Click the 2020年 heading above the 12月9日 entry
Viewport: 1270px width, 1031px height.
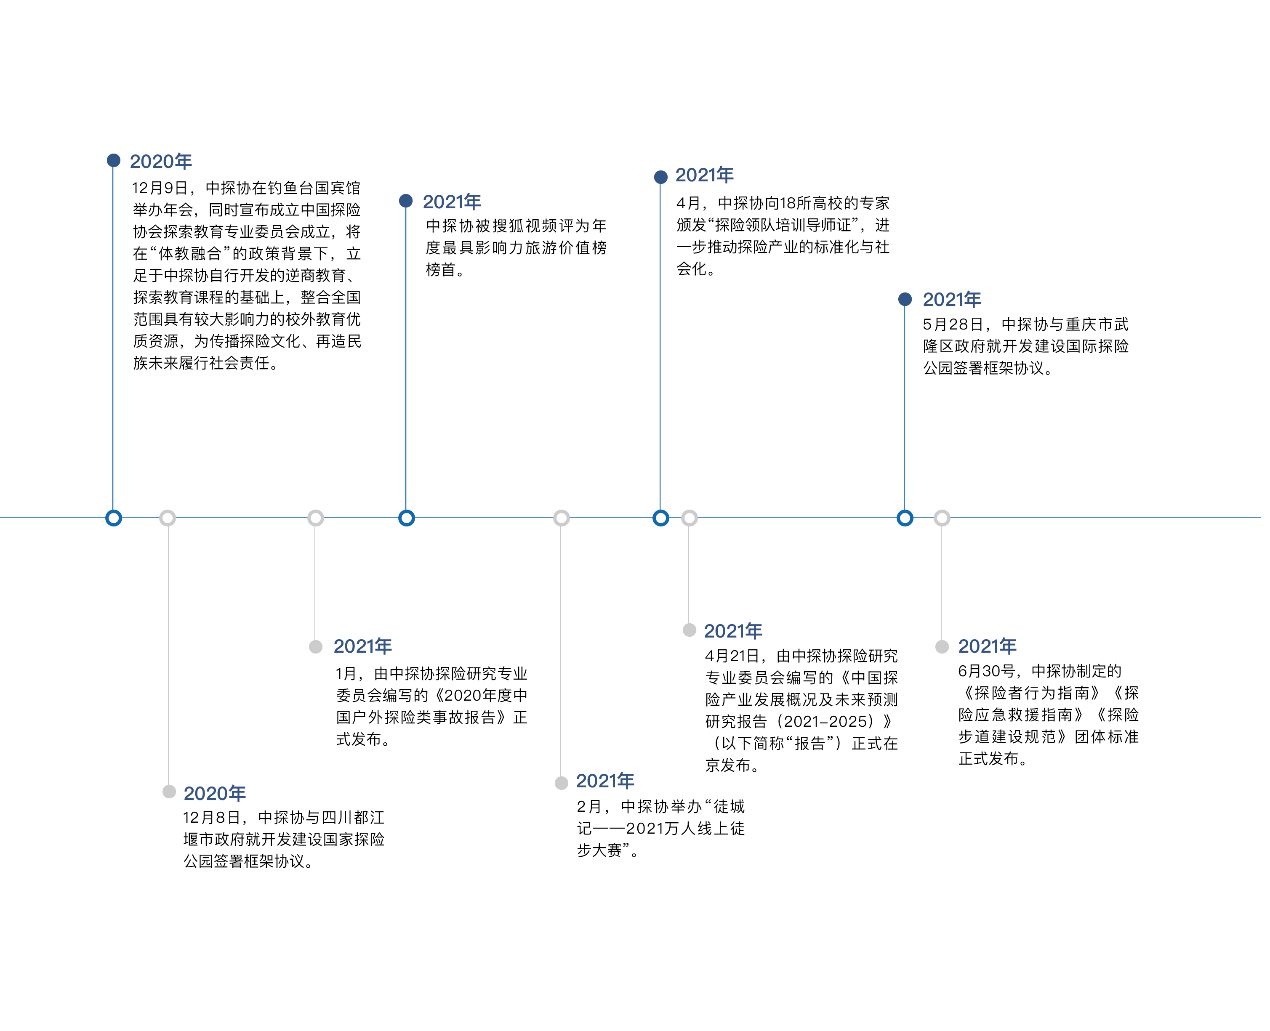click(160, 162)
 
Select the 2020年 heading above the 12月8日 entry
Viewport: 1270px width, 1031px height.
click(214, 793)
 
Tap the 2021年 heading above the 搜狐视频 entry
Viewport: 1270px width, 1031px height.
click(451, 202)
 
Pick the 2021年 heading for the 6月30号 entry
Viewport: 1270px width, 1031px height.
click(987, 646)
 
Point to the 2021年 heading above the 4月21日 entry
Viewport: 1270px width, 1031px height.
click(732, 631)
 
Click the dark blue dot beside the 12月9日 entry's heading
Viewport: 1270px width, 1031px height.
click(114, 160)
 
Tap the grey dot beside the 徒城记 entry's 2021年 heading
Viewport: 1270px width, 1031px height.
click(562, 783)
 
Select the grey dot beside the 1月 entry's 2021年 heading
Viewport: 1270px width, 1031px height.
click(315, 647)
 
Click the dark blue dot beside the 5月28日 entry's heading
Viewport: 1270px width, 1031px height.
click(905, 299)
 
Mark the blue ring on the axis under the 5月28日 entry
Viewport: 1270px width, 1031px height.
click(905, 518)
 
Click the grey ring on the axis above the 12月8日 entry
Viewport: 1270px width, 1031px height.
click(168, 518)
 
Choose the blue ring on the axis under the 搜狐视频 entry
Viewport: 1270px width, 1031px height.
click(406, 518)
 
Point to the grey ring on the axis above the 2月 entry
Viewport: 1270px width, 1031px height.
click(562, 518)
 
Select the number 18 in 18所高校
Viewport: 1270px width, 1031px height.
click(788, 204)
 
